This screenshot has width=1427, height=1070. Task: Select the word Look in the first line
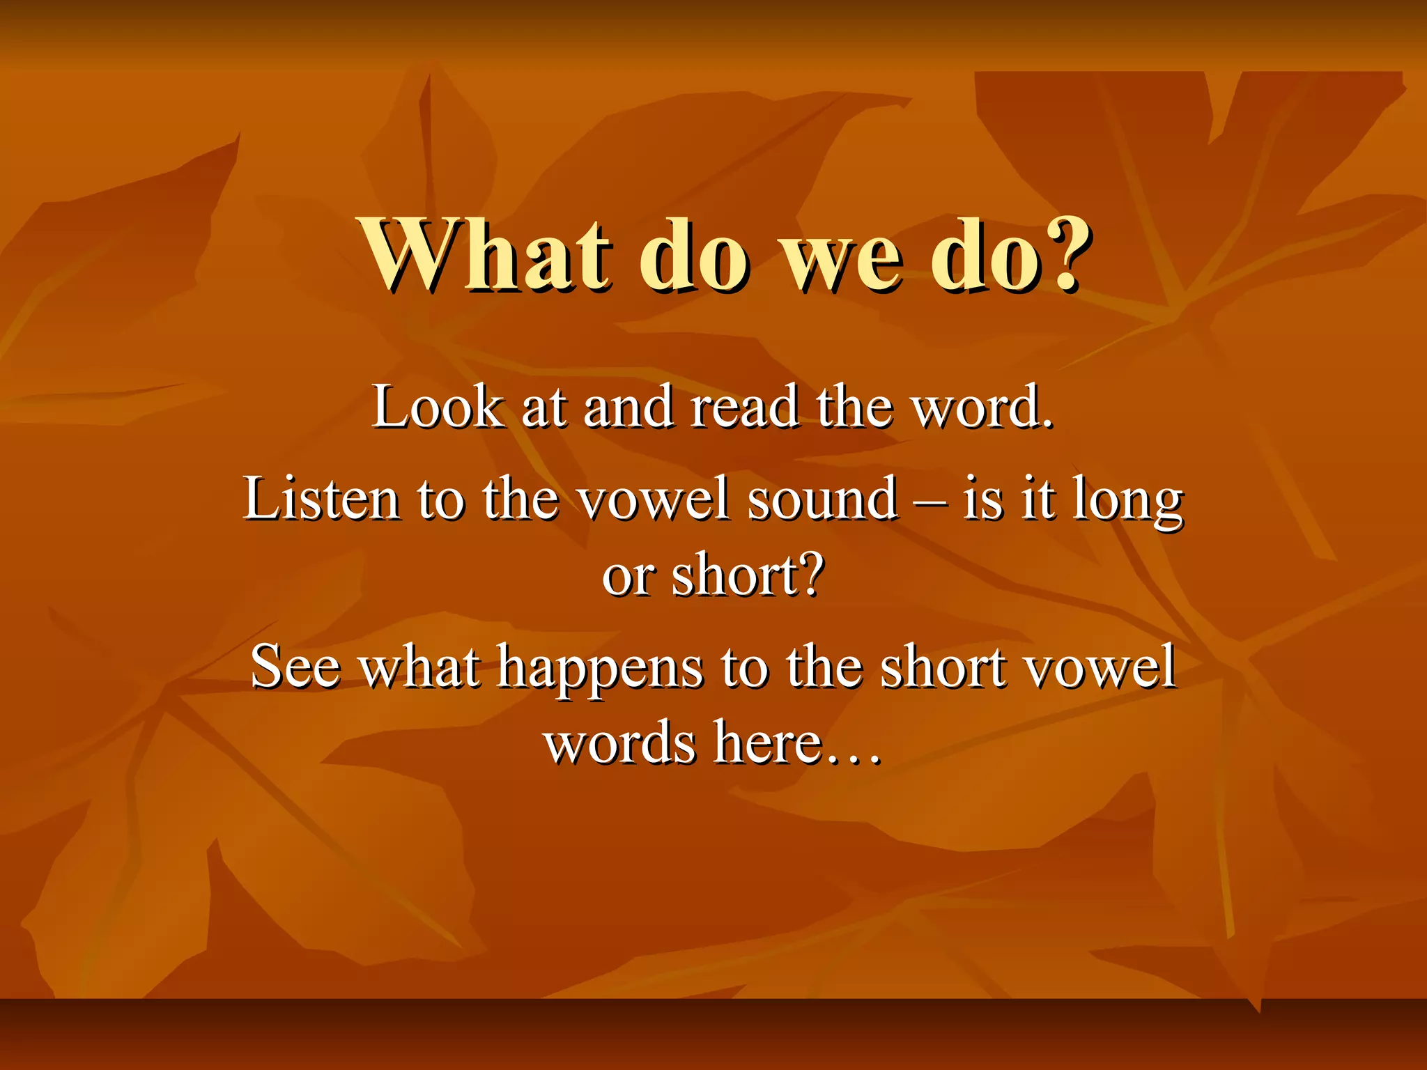438,408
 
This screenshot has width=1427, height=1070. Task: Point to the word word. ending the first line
983,408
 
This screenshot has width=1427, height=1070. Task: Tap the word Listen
321,499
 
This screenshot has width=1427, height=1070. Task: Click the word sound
822,499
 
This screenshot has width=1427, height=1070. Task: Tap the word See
295,667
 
